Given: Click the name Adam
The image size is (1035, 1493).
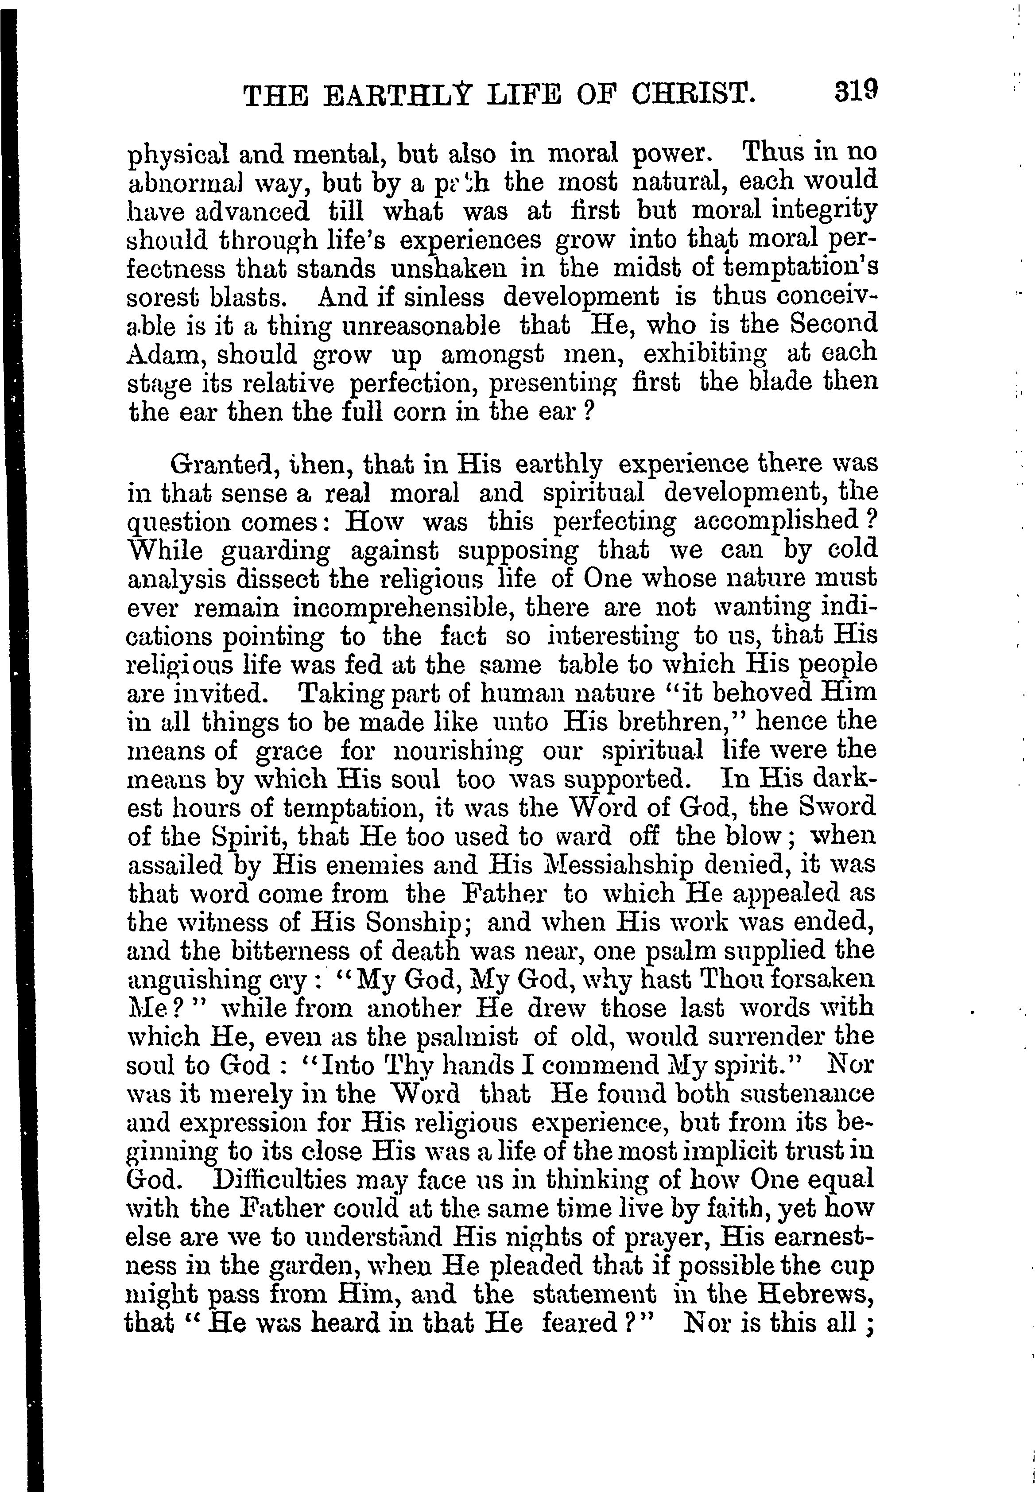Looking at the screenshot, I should tap(165, 355).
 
